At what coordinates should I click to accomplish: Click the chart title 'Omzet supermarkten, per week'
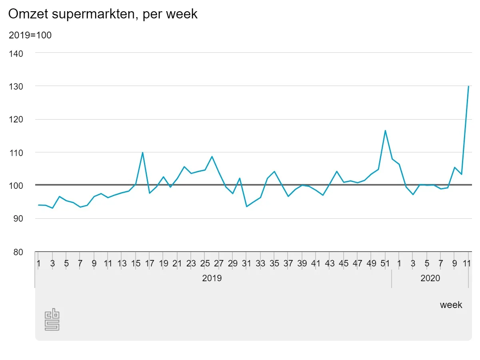click(x=103, y=14)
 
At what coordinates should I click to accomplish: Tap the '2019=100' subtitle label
click(x=30, y=35)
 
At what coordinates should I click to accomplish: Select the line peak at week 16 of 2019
click(x=142, y=152)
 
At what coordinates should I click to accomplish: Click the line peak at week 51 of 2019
click(x=385, y=130)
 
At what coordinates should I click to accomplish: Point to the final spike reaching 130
click(x=468, y=86)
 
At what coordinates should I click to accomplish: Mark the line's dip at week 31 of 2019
click(x=246, y=206)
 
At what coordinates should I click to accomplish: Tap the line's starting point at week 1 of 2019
click(x=39, y=205)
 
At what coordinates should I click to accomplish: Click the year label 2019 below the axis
click(x=212, y=278)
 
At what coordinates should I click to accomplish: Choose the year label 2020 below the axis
click(x=430, y=278)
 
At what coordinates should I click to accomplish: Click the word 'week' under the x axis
click(x=451, y=305)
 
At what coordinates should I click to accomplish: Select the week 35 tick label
click(x=274, y=264)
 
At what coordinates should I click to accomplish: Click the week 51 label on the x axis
click(x=385, y=264)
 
